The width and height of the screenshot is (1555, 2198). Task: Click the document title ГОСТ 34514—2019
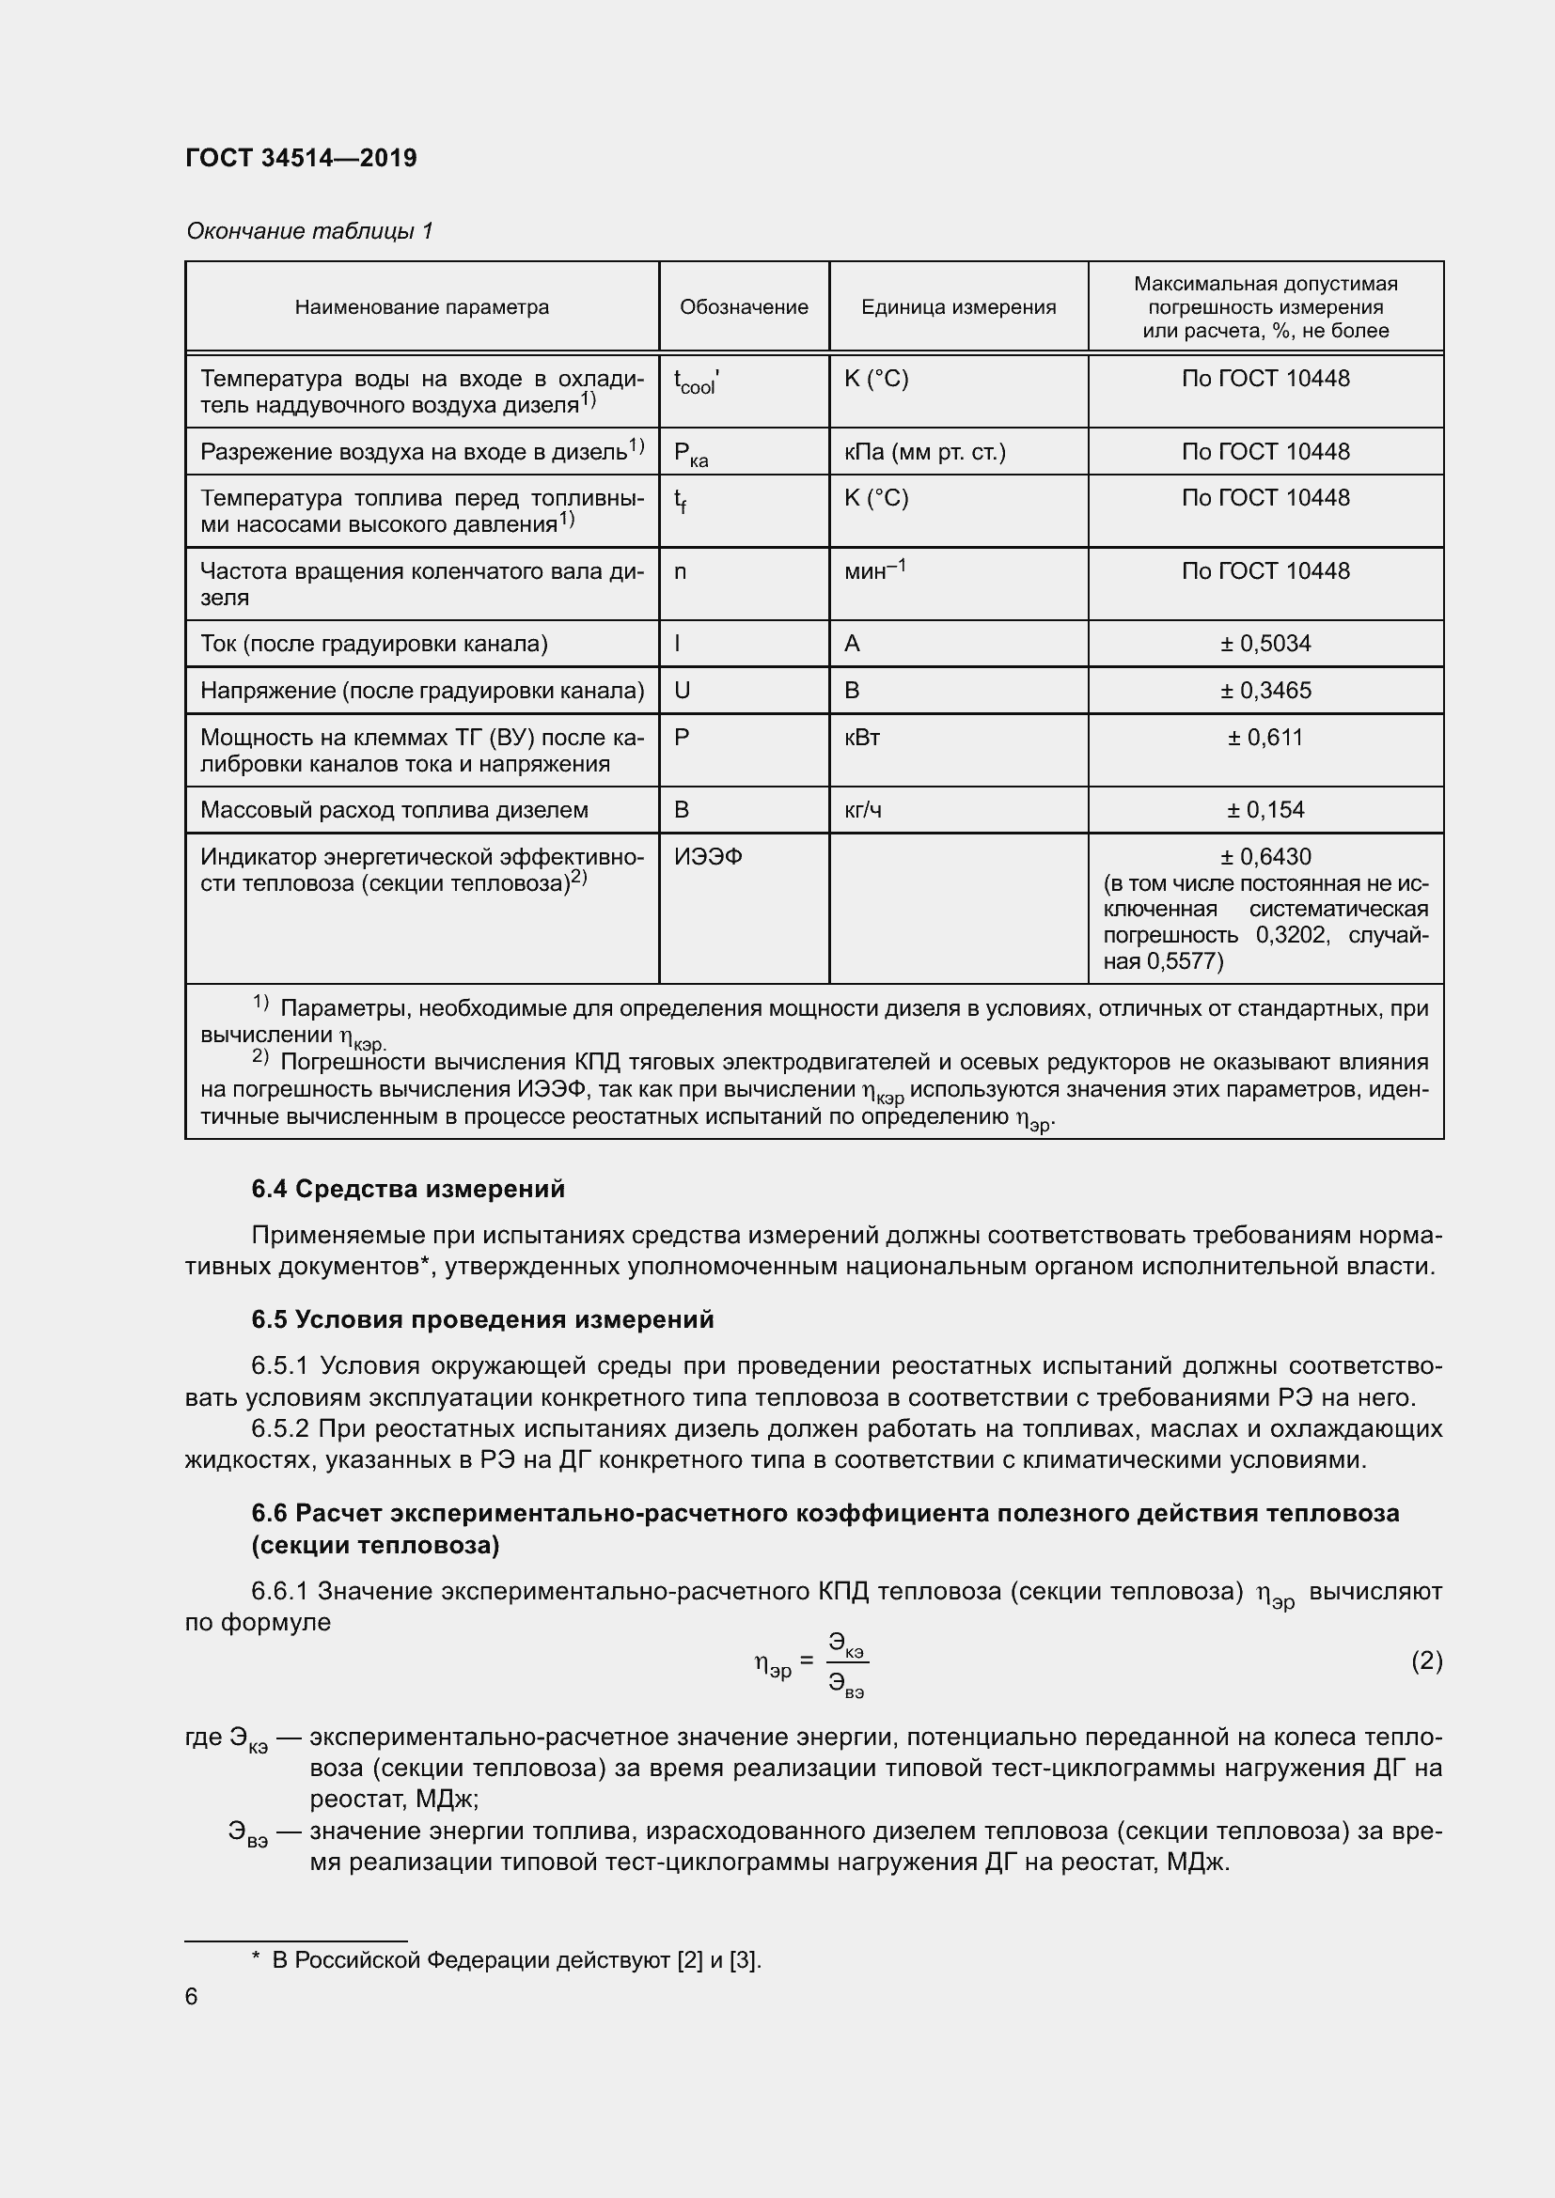pyautogui.click(x=301, y=158)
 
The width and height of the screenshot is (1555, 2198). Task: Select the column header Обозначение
pyautogui.click(x=743, y=307)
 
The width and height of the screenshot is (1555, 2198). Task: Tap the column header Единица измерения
pyautogui.click(x=957, y=307)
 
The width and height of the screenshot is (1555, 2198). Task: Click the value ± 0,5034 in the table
pyautogui.click(x=1264, y=644)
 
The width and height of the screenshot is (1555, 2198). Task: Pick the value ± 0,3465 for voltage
pyautogui.click(x=1264, y=691)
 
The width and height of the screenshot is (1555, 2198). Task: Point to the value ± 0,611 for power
pyautogui.click(x=1264, y=737)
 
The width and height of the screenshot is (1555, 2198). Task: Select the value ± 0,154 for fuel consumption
pyautogui.click(x=1264, y=810)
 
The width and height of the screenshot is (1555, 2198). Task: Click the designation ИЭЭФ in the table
pyautogui.click(x=708, y=857)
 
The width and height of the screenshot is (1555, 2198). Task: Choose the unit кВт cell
pyautogui.click(x=862, y=737)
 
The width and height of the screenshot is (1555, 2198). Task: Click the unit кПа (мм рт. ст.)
pyautogui.click(x=924, y=452)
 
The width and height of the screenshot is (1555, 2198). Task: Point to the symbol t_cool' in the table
pyautogui.click(x=696, y=382)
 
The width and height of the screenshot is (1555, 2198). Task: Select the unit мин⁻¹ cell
pyautogui.click(x=874, y=571)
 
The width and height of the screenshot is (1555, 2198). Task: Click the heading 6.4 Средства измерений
pyautogui.click(x=408, y=1189)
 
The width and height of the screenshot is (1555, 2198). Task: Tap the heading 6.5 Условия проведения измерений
pyautogui.click(x=482, y=1319)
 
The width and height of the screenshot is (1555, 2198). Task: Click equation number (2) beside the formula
pyautogui.click(x=1426, y=1660)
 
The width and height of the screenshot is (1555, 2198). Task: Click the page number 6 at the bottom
pyautogui.click(x=192, y=1997)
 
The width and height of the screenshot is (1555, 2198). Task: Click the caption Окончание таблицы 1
pyautogui.click(x=309, y=231)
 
